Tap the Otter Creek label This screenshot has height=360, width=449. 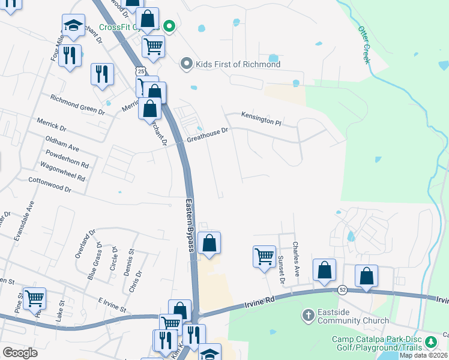366,44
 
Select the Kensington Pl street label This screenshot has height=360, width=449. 261,118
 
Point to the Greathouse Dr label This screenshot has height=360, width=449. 207,135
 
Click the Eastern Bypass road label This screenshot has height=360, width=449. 190,226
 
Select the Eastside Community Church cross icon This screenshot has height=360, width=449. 308,315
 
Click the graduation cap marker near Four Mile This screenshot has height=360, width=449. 73,26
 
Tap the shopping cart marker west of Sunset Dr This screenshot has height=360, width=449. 264,257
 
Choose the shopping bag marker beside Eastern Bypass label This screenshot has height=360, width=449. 209,243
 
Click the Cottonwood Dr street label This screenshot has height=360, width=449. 50,185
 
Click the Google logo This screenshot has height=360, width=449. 20,353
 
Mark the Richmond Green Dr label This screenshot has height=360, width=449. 77,104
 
